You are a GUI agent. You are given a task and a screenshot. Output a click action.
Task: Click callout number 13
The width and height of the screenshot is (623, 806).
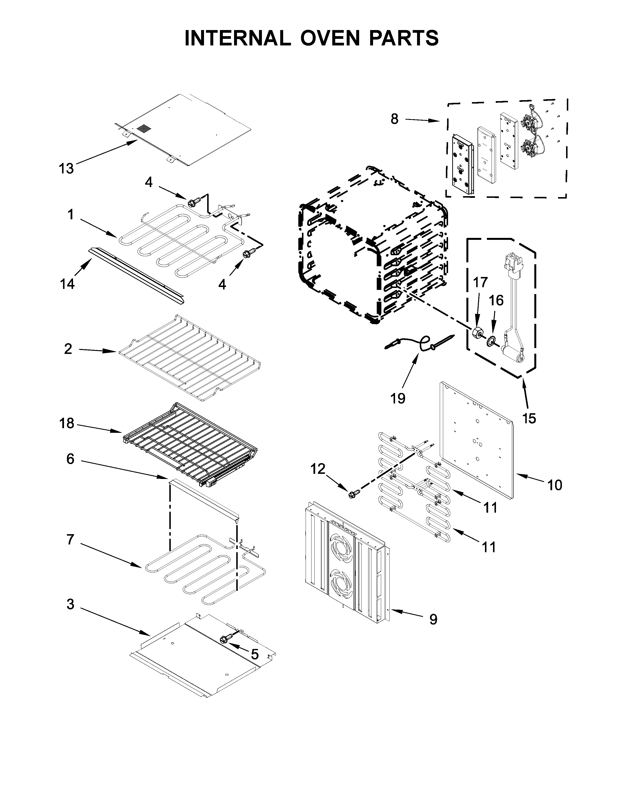(x=66, y=169)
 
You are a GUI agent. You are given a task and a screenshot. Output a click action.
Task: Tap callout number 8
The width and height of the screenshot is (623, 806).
(x=395, y=119)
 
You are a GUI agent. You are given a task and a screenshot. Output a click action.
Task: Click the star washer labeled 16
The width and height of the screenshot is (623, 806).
(x=492, y=341)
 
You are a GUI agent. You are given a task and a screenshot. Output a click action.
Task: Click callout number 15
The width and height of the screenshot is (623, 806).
(x=529, y=418)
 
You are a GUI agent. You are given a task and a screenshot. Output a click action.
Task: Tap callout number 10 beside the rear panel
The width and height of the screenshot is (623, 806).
(x=554, y=485)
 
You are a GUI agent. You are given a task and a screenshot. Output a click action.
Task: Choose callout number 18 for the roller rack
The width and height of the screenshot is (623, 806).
(x=67, y=423)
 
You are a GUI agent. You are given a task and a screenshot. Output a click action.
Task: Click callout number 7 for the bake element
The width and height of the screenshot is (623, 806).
(x=70, y=540)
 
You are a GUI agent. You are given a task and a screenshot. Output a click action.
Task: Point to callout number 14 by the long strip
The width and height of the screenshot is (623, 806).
(x=67, y=284)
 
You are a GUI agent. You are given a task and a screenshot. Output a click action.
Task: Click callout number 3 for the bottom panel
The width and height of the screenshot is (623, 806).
(x=70, y=604)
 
